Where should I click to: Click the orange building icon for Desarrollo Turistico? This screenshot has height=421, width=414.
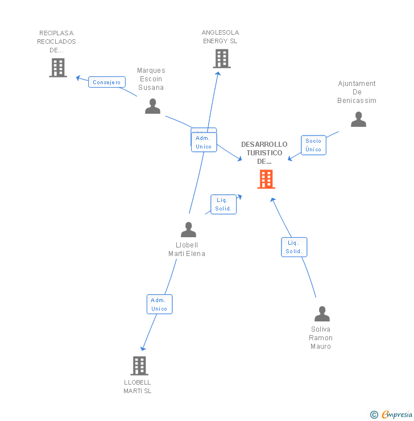click(266, 179)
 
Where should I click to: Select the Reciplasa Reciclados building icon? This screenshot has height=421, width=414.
click(58, 68)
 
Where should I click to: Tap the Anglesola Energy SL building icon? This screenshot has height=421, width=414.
click(221, 58)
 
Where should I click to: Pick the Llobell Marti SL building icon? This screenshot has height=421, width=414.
click(139, 365)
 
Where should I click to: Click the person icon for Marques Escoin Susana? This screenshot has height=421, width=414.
click(152, 106)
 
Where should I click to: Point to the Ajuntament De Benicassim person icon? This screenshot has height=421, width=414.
click(358, 119)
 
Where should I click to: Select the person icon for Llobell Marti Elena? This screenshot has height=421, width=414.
click(188, 229)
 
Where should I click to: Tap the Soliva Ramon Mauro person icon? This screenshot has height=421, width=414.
click(322, 313)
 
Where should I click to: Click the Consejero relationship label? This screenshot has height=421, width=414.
click(107, 82)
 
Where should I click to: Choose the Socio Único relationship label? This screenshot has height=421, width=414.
click(313, 145)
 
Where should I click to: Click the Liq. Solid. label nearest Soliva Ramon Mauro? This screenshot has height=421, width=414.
click(294, 247)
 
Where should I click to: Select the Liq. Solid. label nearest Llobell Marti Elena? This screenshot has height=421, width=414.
click(223, 204)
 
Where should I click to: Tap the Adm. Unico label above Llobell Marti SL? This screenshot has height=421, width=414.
click(159, 304)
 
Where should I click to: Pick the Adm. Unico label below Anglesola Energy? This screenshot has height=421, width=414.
click(204, 142)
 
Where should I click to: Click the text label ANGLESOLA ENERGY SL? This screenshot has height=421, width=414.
click(220, 37)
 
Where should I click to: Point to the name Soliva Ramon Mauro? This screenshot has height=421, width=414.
click(321, 337)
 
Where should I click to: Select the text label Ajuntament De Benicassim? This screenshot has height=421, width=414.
click(357, 92)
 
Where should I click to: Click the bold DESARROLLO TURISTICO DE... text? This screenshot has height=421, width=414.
click(264, 152)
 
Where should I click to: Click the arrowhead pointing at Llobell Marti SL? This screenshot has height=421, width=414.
click(143, 348)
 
